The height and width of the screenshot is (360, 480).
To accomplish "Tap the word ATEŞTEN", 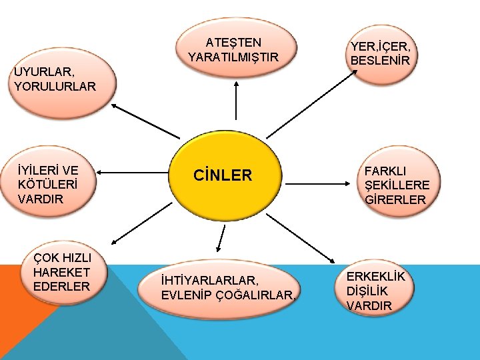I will [x=233, y=43].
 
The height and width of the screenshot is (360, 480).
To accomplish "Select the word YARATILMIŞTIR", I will [x=233, y=57].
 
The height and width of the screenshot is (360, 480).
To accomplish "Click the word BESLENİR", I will [x=381, y=60].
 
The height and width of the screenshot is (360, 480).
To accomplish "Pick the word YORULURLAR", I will [x=55, y=86].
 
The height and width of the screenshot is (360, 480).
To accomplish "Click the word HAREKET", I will [x=61, y=272].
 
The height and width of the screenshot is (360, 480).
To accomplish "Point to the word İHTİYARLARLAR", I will [x=209, y=281].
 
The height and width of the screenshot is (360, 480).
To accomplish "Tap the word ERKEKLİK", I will [x=375, y=277].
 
